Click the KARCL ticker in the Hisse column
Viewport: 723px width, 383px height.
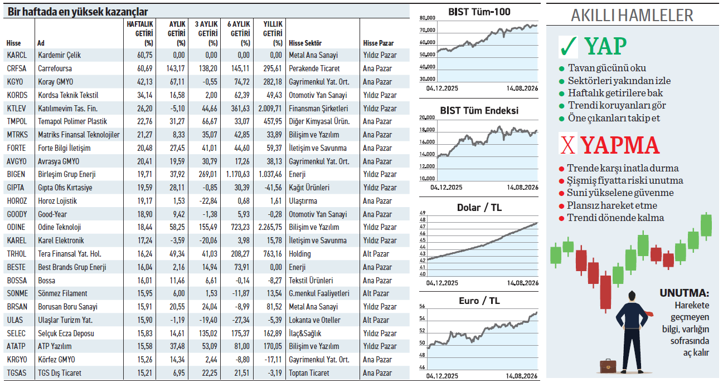(x=17, y=55)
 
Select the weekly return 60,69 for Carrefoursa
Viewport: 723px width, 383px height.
(x=144, y=68)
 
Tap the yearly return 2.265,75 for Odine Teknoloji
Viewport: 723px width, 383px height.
(x=270, y=227)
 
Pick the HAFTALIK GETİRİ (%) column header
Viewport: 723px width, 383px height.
(x=140, y=33)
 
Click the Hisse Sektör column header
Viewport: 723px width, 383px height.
(x=305, y=43)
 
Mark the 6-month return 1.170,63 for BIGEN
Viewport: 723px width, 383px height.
(x=237, y=174)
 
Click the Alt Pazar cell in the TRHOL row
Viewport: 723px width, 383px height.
(x=376, y=254)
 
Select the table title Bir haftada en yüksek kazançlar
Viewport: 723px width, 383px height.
(x=77, y=12)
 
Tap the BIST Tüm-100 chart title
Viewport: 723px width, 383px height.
(x=479, y=12)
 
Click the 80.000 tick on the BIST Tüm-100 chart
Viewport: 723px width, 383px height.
(x=428, y=18)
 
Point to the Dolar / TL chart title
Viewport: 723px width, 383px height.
(x=479, y=207)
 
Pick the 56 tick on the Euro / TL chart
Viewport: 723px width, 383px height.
(x=422, y=306)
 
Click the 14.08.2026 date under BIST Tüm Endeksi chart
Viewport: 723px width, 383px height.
(x=522, y=187)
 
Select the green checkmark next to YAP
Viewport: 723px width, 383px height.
(x=569, y=47)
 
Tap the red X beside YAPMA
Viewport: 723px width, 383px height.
(x=567, y=145)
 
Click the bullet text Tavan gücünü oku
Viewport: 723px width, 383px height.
(x=607, y=68)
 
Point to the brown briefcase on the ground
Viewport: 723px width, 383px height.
(x=608, y=366)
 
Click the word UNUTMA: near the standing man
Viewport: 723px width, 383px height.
(x=685, y=293)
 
